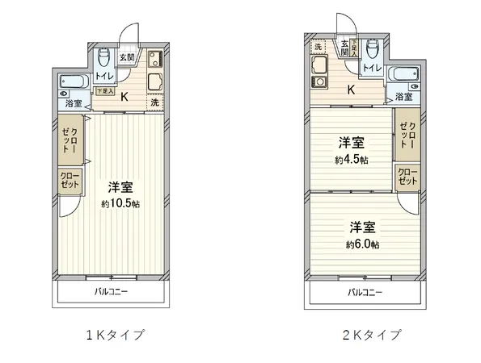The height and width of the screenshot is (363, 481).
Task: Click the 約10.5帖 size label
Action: [120, 205]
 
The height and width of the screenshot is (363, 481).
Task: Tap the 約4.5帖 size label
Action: [351, 160]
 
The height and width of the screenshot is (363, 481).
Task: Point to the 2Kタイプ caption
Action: [371, 334]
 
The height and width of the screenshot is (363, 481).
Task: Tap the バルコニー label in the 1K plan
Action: [111, 291]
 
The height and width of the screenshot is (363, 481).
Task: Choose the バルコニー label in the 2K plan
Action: [365, 292]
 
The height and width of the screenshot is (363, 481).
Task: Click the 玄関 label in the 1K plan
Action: [126, 57]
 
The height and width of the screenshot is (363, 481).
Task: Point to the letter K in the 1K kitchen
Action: [124, 95]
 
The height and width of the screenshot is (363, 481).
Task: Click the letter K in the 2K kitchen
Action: [351, 90]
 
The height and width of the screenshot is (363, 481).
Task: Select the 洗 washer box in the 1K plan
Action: [154, 102]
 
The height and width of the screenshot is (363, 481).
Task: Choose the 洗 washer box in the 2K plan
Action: [318, 47]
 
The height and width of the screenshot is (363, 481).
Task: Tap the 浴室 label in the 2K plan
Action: [402, 96]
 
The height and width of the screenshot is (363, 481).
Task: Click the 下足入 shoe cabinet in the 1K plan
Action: [104, 91]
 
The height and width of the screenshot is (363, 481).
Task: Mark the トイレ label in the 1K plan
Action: [104, 76]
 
